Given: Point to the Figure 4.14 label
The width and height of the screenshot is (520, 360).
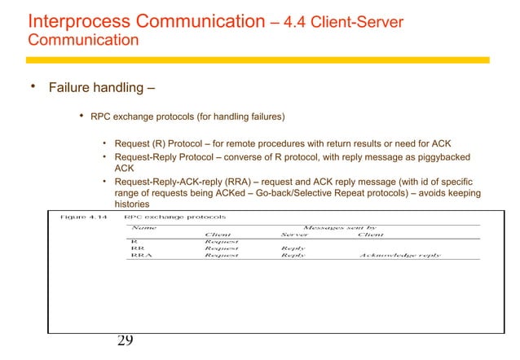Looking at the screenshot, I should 85,217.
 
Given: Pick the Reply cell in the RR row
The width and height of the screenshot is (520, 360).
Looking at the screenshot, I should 293,248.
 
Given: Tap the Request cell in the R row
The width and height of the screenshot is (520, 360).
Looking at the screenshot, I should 221,242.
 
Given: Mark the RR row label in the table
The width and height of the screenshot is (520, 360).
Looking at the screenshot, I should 138,248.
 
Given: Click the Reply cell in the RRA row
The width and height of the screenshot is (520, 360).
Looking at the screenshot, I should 293,255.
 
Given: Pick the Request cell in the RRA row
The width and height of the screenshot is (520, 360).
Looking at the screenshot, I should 221,255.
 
